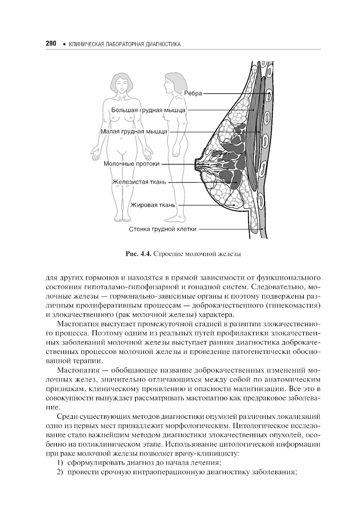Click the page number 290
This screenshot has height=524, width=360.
coord(51,44)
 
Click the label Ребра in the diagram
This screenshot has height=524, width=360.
coord(193,93)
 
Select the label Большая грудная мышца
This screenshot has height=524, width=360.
coord(148,110)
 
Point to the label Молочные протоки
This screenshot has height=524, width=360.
coord(131,164)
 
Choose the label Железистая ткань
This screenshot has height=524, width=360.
coord(139,182)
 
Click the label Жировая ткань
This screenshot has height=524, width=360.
coord(153,205)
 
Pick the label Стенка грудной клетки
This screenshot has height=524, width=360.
coord(163,229)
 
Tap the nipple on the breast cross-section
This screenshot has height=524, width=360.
coord(197,164)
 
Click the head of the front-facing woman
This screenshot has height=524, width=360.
coord(121,84)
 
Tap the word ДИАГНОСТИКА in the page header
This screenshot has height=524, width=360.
coord(163,44)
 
